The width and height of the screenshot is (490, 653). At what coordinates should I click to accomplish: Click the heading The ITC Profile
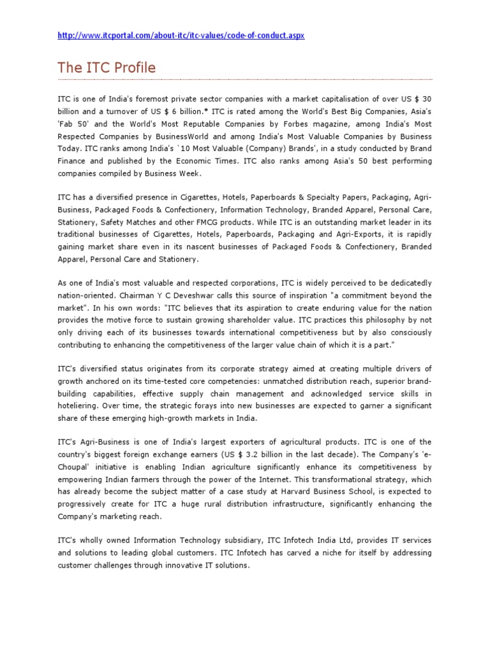click(107, 68)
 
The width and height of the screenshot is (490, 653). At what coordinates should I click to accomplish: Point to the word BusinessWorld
click(178, 136)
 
